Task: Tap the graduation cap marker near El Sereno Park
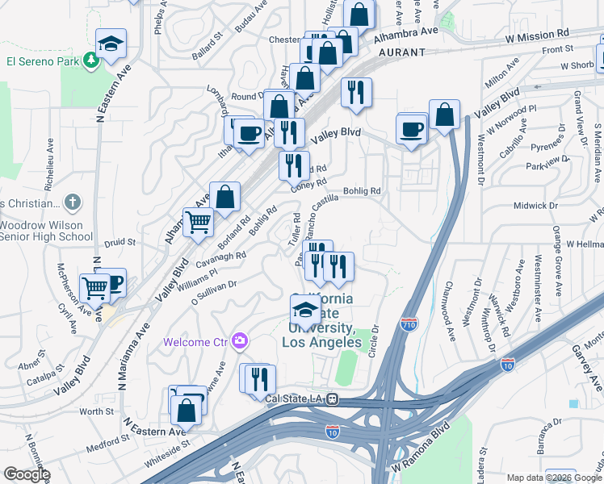[111, 43]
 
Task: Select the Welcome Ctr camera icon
[238, 341]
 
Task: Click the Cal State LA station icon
[332, 398]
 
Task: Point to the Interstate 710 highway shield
[409, 325]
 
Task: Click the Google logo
[26, 474]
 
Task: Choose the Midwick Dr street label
[536, 206]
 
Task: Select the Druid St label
[119, 241]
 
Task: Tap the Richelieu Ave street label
[51, 153]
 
